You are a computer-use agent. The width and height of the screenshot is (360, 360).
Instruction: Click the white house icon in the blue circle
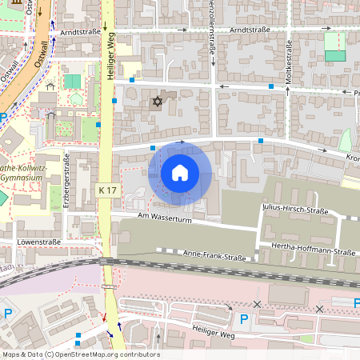(180, 172)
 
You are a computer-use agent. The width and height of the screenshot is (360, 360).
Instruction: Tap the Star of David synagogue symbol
(156, 102)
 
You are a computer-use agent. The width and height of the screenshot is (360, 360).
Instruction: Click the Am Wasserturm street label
(166, 217)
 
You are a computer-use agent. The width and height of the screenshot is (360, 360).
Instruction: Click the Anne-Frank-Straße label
(214, 256)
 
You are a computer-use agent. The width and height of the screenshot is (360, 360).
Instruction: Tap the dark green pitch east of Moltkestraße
(335, 56)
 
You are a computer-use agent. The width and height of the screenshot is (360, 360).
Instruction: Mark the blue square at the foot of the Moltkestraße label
(272, 84)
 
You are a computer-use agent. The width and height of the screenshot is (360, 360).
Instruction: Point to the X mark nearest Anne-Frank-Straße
(256, 304)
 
